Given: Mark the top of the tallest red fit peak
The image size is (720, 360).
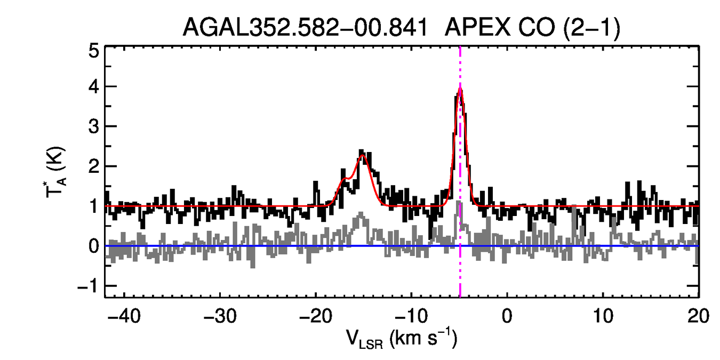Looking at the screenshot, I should pos(460,89).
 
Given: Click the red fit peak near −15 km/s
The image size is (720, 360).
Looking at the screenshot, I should pos(363,155).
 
